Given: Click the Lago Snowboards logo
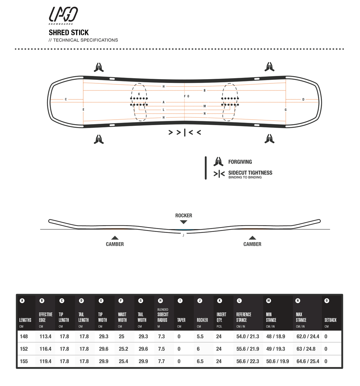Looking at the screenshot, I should (63, 15).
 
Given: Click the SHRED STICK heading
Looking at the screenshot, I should (68, 32).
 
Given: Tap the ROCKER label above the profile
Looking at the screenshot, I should (184, 216).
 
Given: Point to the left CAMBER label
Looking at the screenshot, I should (115, 244).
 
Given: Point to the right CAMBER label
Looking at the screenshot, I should (252, 244).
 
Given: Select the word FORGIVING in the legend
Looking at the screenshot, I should (240, 162).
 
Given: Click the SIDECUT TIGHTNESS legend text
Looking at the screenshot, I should (250, 173).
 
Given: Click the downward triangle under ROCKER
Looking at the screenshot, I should (184, 222).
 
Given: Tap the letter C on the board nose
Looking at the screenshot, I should (66, 99).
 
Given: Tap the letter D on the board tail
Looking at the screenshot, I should (303, 99).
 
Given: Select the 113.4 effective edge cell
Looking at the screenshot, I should (45, 336).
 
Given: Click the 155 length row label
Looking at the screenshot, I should (24, 361).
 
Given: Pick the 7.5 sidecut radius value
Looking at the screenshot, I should (161, 349).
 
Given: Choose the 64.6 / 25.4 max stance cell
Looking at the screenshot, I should (308, 361).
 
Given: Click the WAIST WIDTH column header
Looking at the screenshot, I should (122, 317).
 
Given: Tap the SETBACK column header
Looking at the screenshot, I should (330, 320).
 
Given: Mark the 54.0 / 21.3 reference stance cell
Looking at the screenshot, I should (248, 336).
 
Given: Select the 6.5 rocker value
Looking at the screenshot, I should (200, 361).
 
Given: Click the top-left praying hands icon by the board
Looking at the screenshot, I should (99, 67).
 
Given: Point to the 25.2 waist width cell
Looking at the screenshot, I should (123, 349).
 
